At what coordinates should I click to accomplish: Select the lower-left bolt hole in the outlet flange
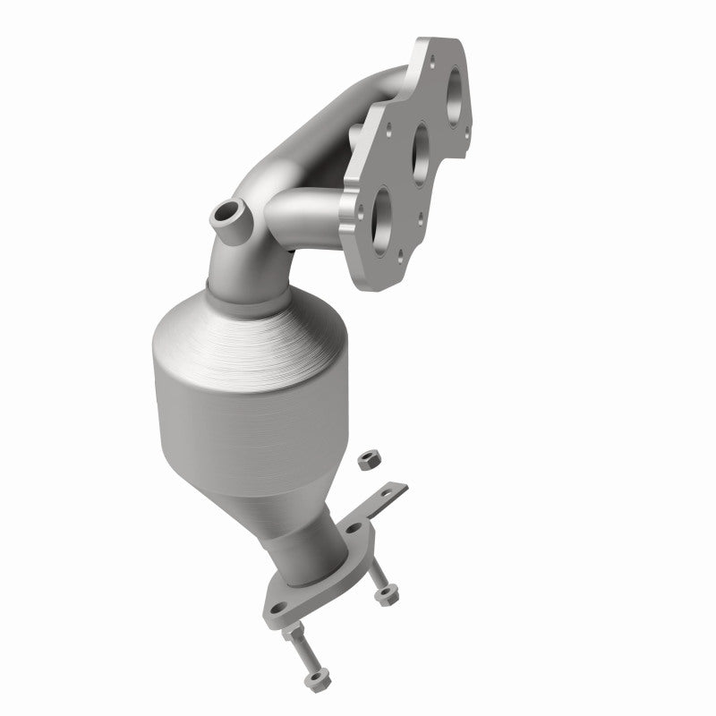point(279,609)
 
